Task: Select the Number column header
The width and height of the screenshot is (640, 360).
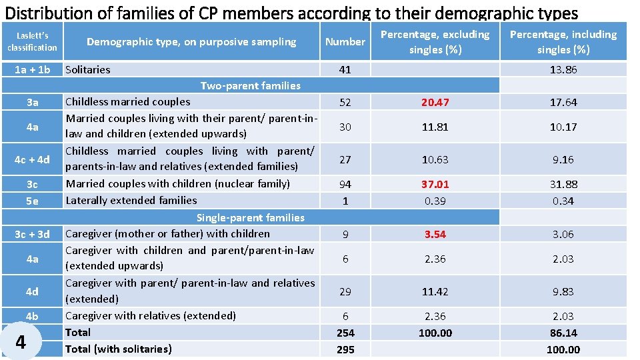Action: [345, 42]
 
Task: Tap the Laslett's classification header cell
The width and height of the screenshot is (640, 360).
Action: [32, 41]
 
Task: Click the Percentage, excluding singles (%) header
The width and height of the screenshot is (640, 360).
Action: [435, 41]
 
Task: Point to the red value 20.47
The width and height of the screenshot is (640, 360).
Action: [435, 102]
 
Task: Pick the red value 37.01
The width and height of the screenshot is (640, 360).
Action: [435, 184]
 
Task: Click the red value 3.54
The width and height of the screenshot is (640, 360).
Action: [435, 234]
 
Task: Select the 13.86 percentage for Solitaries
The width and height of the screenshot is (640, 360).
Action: [563, 70]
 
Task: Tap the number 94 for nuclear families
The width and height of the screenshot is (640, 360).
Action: [345, 184]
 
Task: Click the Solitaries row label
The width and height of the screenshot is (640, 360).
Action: [88, 69]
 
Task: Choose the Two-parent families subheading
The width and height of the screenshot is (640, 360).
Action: [250, 85]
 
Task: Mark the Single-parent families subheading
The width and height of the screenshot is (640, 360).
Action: [250, 217]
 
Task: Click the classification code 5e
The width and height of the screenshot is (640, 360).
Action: [32, 200]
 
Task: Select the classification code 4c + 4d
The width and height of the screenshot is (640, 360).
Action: [32, 159]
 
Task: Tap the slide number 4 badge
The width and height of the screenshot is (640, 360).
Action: [21, 342]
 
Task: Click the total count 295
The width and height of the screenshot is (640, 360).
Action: [345, 349]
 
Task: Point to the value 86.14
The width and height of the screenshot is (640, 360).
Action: [563, 333]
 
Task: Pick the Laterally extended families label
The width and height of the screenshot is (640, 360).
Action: [131, 200]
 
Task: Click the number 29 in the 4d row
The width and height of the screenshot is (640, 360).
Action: [345, 291]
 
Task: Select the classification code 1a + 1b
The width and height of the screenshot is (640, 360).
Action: [32, 69]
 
